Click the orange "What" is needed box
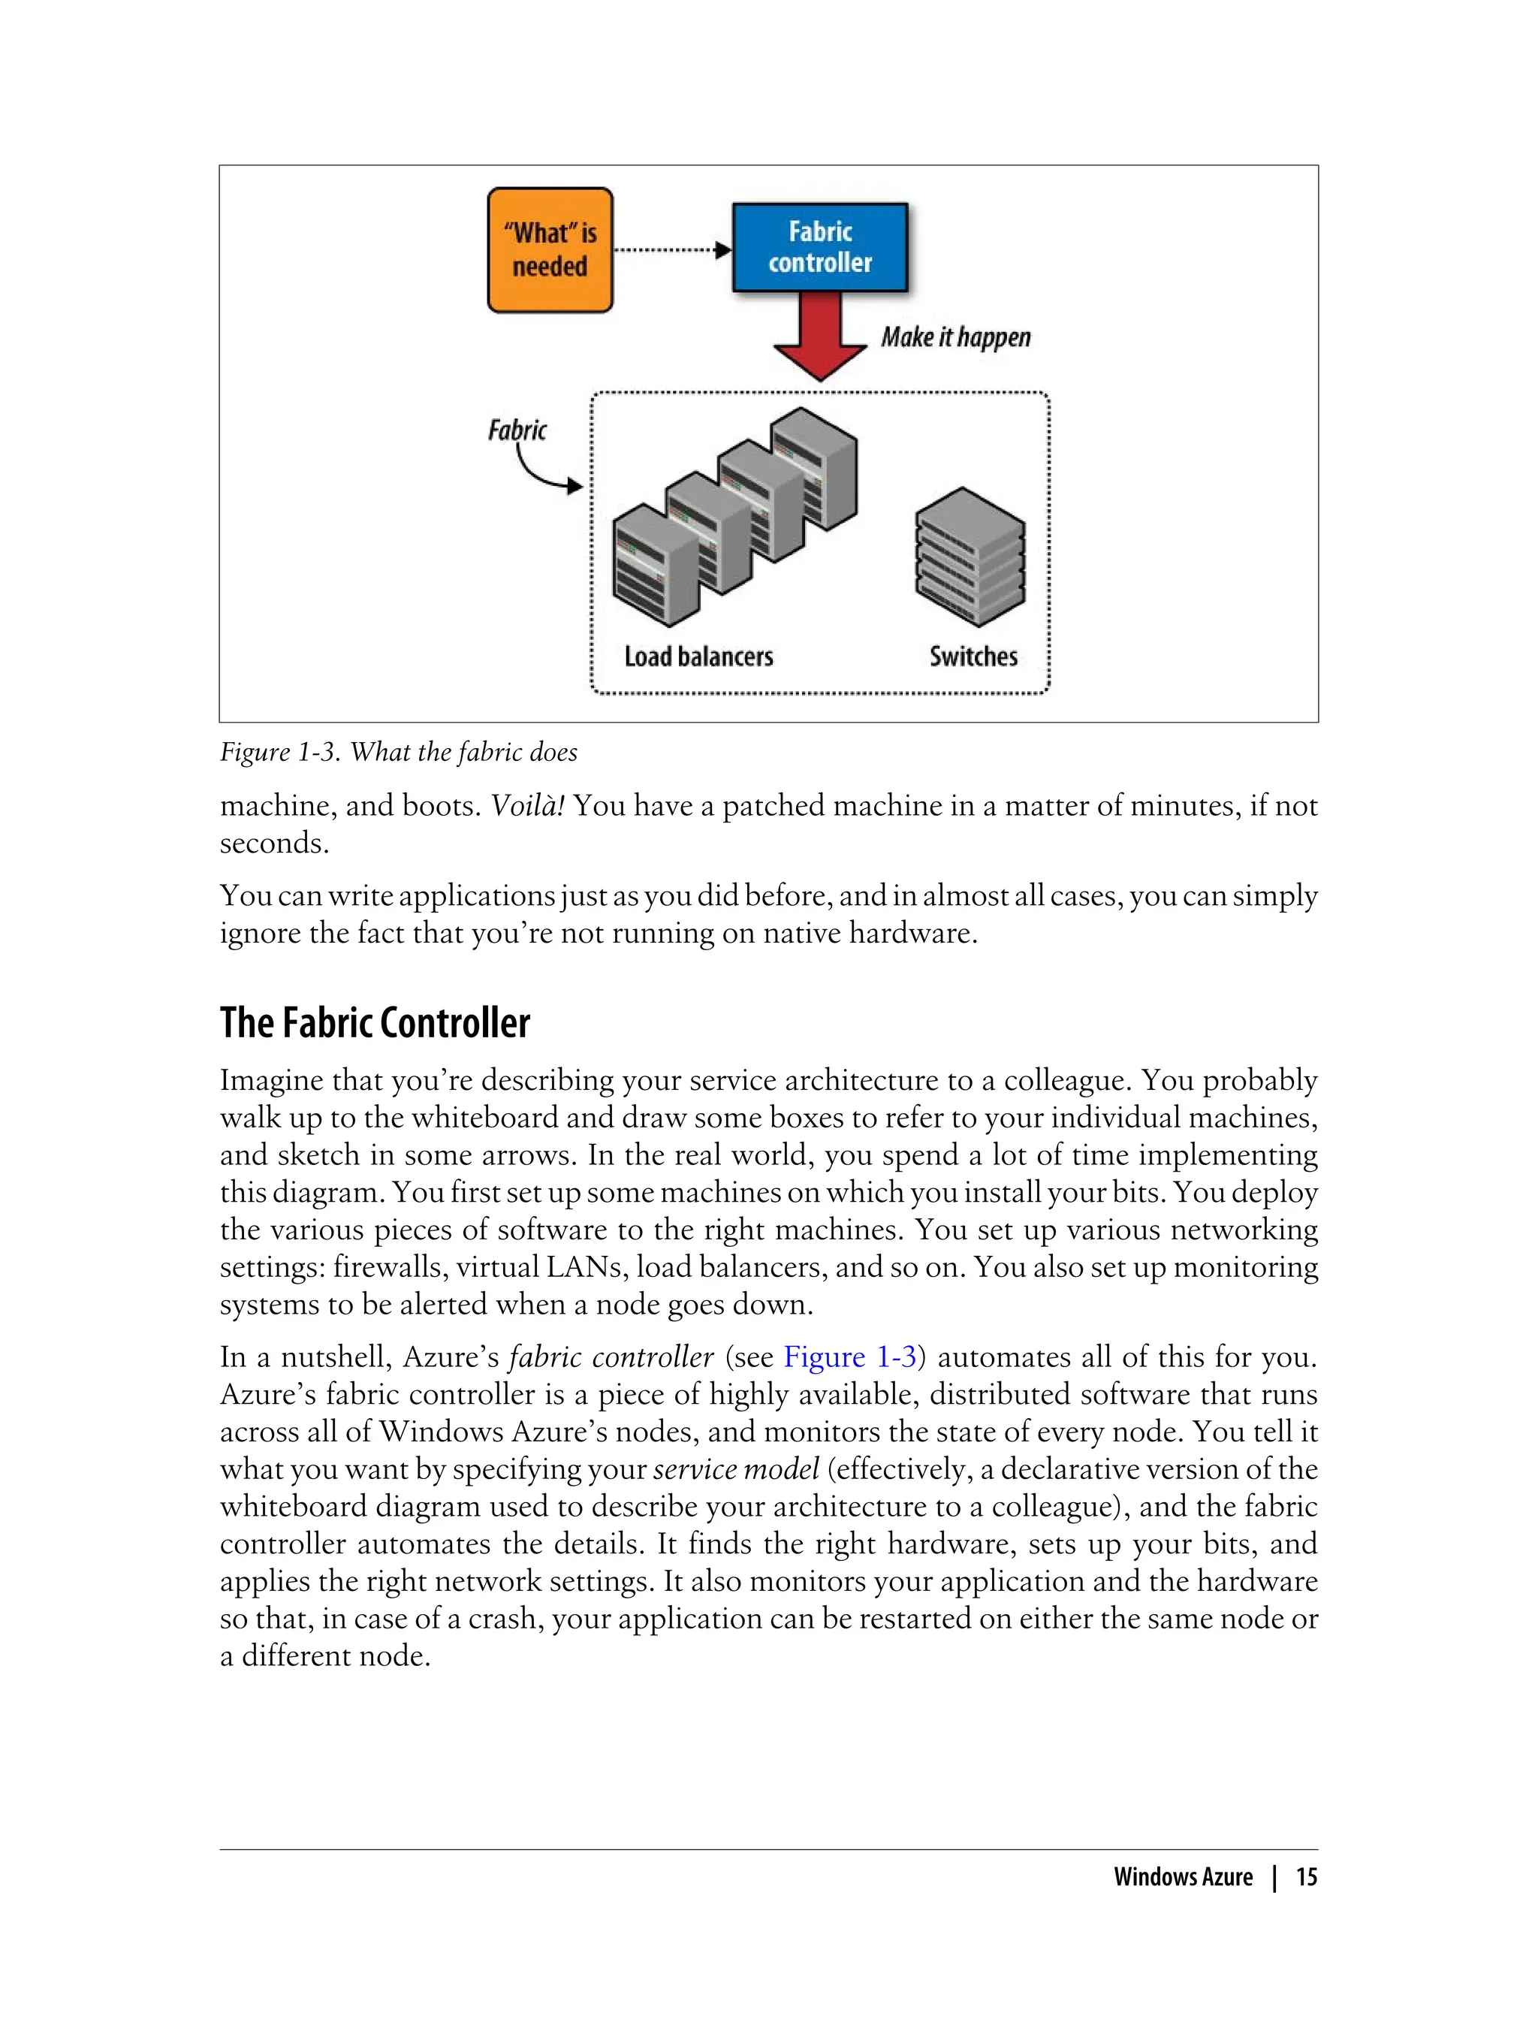pos(549,250)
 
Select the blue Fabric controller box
pos(819,247)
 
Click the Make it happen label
pos(954,338)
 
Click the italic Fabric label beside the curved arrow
pos(517,430)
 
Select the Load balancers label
pos(698,656)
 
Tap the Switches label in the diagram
pos(973,656)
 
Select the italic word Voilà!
pos(527,806)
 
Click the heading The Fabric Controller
pos(375,1023)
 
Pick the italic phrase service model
pos(736,1468)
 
